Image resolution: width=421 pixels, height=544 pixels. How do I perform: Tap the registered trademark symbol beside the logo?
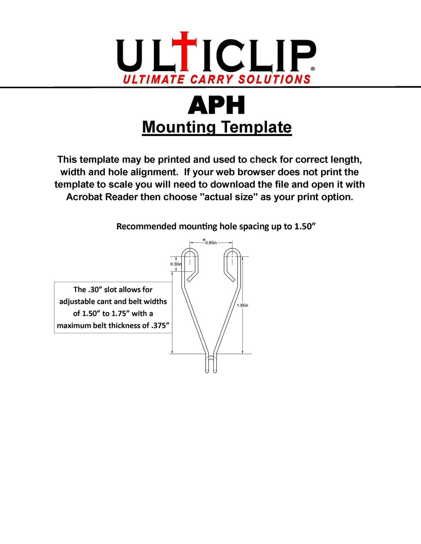(x=313, y=69)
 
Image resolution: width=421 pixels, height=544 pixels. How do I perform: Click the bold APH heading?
(x=217, y=106)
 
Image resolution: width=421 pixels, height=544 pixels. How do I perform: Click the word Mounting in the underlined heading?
(x=179, y=127)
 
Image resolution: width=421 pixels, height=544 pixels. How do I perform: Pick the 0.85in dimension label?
(x=211, y=243)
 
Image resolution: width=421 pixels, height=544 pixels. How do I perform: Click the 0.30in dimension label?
(x=176, y=264)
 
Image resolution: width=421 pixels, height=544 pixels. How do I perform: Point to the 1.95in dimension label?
(x=243, y=305)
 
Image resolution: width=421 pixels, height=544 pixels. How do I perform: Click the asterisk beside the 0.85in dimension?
(x=204, y=240)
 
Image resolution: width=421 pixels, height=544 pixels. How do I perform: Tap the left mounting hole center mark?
(x=190, y=257)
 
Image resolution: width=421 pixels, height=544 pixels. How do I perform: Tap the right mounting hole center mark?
(x=233, y=257)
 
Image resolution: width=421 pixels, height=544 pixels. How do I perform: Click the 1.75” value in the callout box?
(x=120, y=314)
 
